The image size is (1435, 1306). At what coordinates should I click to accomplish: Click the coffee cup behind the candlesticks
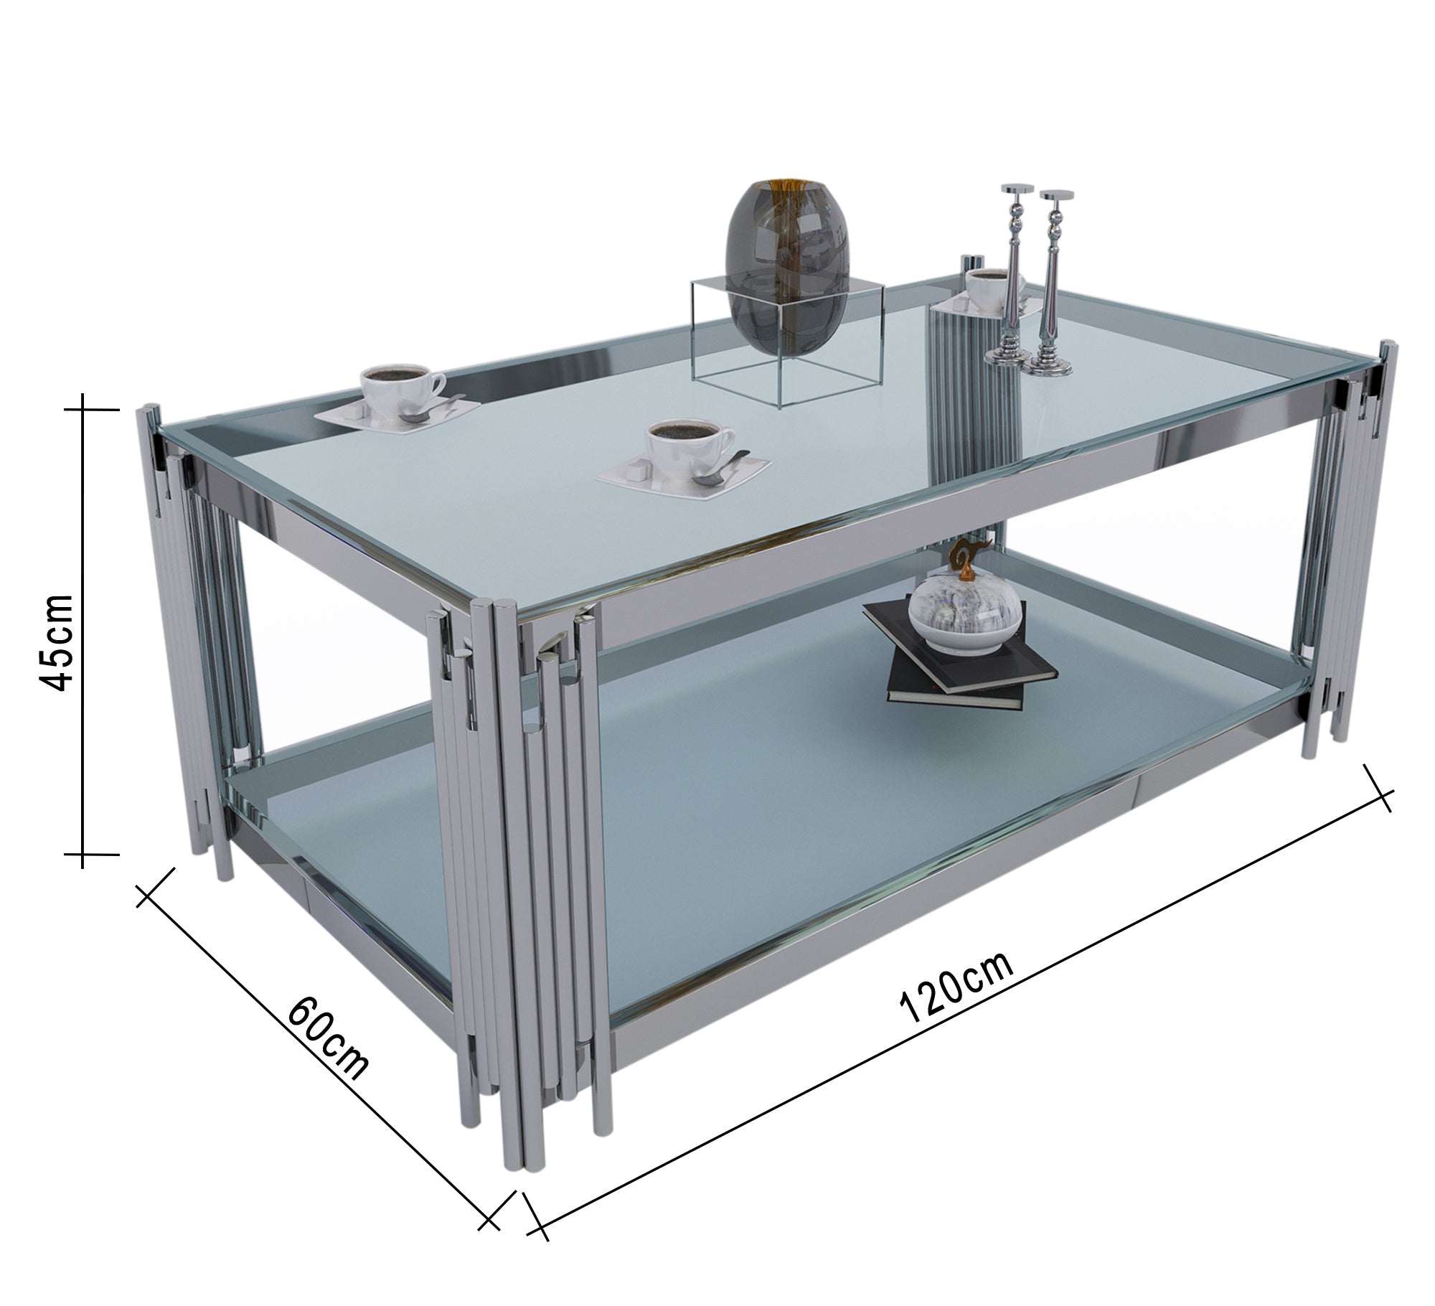pos(990,287)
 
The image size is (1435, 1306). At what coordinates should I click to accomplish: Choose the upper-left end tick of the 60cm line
pos(155,888)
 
